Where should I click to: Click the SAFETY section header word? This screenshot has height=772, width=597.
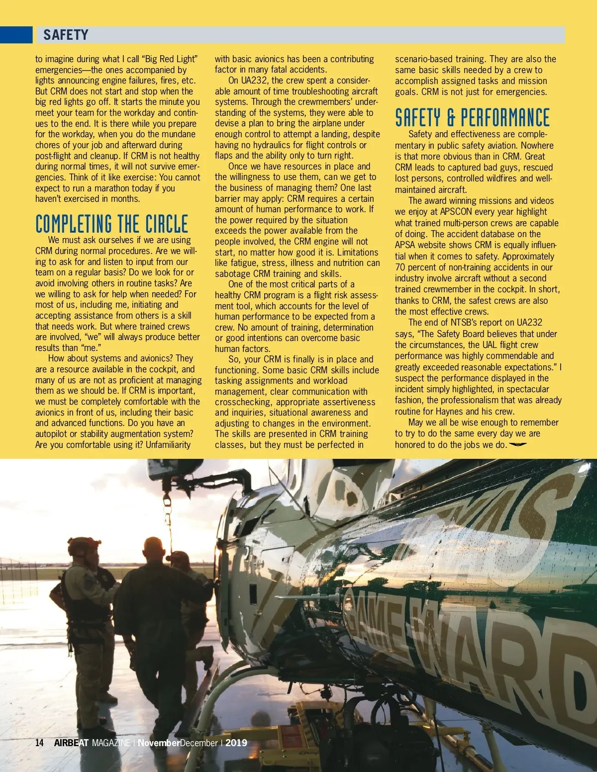pos(66,35)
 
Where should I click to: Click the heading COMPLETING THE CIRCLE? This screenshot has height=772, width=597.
pos(111,224)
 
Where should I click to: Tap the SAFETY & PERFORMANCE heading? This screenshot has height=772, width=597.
pos(472,118)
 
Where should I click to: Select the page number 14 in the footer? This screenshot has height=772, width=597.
pos(39,743)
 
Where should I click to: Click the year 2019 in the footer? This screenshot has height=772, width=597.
pos(236,743)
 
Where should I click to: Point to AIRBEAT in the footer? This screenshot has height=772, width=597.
pos(71,743)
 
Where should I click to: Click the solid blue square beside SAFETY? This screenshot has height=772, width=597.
pos(16,35)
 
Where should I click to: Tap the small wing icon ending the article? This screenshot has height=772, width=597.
pos(517,444)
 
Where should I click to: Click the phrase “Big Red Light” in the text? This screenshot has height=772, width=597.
pos(170,59)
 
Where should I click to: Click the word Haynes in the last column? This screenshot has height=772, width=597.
pos(449,411)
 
